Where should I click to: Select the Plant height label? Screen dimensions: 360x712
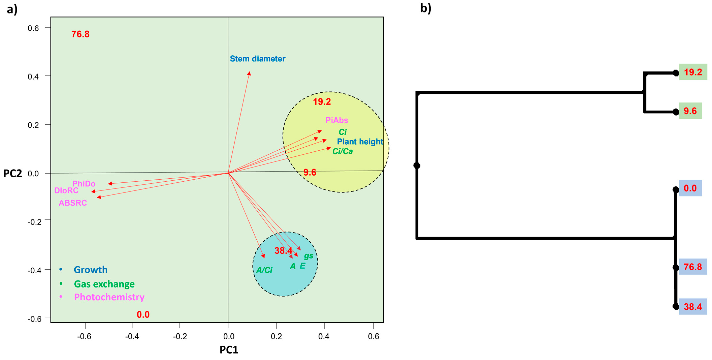360,142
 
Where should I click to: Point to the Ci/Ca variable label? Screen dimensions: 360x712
342,151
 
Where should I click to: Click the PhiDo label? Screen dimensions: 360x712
84,184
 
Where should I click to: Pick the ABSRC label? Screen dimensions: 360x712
73,203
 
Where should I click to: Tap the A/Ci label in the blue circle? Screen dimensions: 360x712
264,270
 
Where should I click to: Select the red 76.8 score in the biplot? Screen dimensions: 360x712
80,34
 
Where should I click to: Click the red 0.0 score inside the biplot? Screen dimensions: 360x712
143,314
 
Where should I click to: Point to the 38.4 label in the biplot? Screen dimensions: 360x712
283,251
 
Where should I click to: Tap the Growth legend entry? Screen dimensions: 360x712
90,270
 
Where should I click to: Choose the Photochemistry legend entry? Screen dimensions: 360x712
109,297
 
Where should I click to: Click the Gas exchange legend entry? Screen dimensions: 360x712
104,284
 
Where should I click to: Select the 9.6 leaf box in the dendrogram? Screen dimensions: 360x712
690,111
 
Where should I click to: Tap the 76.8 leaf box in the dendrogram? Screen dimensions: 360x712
693,267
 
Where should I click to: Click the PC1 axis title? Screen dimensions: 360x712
229,350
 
